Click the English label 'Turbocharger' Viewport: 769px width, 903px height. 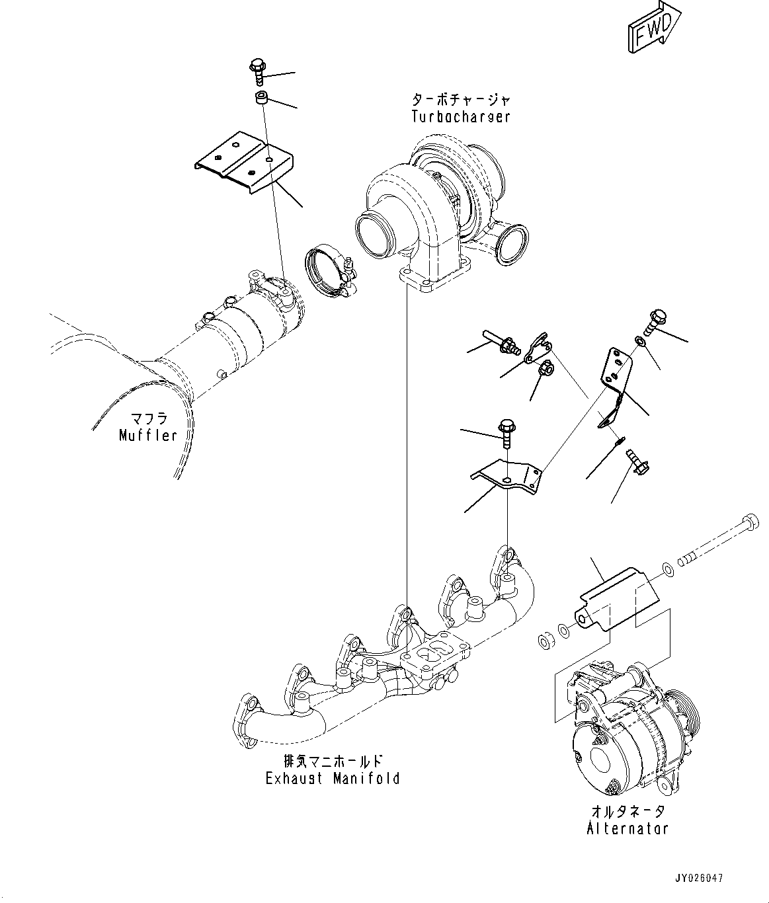461,117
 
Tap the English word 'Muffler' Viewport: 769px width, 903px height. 148,435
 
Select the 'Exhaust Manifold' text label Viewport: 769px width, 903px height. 333,779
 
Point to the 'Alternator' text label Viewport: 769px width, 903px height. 627,828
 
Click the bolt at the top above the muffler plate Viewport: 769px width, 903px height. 257,71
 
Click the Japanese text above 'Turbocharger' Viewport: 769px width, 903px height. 461,100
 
